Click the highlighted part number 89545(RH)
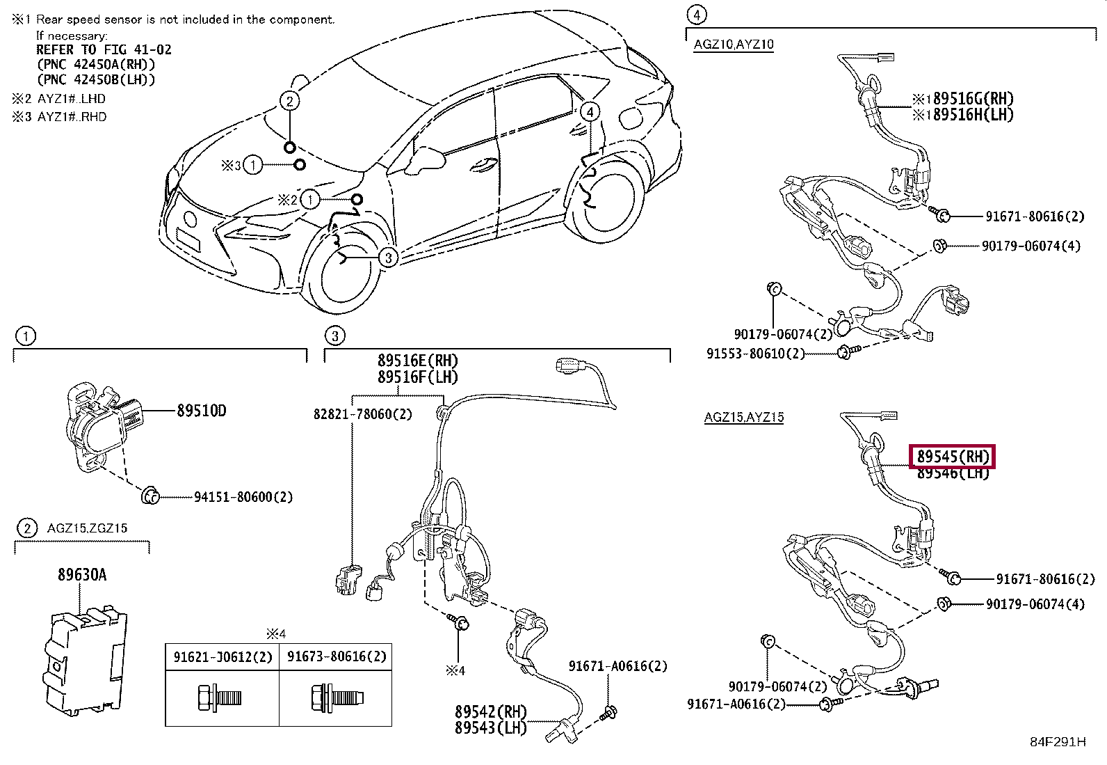point(953,456)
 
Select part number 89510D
point(201,411)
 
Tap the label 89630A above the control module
point(82,574)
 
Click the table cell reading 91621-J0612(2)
point(223,656)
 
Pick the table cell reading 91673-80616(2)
point(337,656)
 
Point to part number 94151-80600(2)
point(243,497)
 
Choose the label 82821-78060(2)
point(363,413)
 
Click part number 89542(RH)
point(491,711)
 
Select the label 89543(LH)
point(491,727)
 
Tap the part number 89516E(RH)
point(418,361)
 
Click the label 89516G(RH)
point(973,98)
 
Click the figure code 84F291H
point(1058,742)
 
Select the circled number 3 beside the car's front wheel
point(389,258)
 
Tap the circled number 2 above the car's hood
point(289,102)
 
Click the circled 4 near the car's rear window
point(590,112)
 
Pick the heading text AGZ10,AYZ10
point(734,45)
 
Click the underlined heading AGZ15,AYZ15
point(744,417)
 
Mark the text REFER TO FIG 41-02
point(104,49)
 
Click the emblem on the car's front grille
point(189,218)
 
